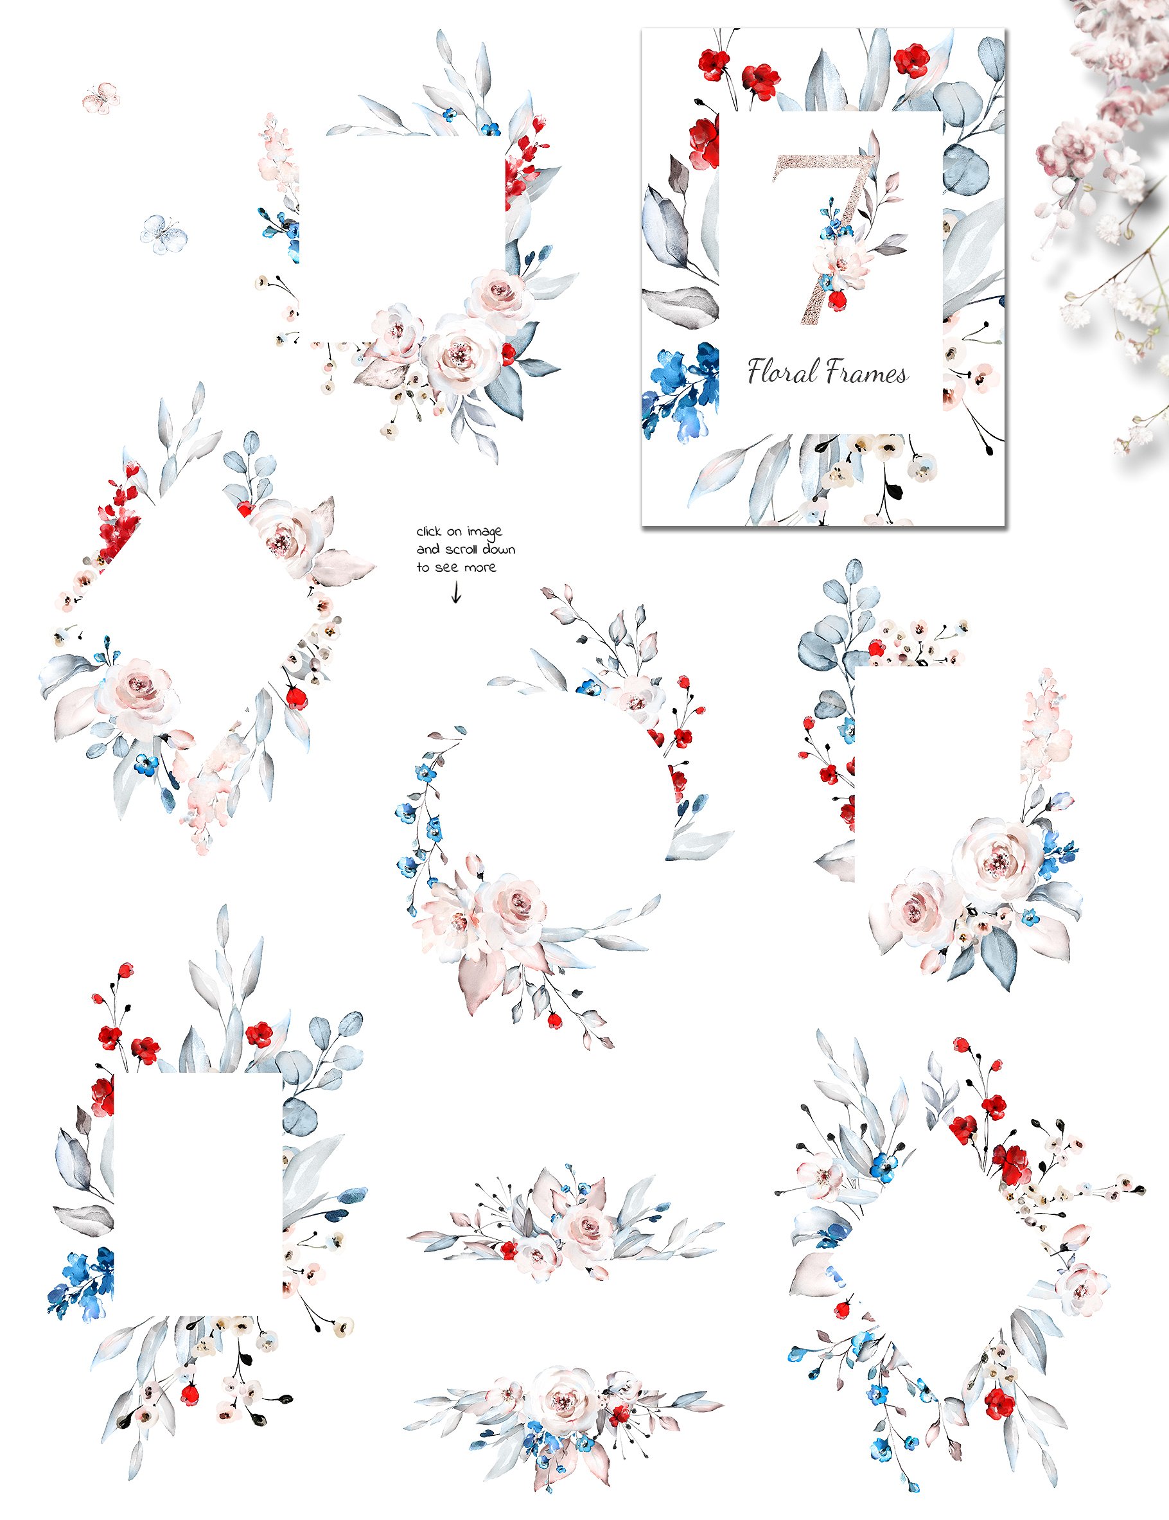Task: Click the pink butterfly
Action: pos(101,98)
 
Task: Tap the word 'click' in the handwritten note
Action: pos(429,532)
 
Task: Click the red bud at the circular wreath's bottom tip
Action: pos(554,1020)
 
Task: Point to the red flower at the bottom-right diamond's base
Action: pos(1000,1402)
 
